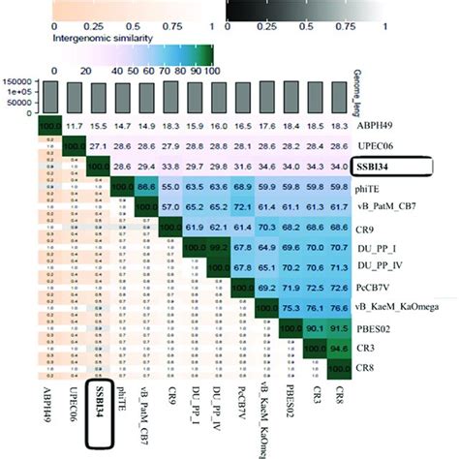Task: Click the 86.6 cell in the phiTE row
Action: pos(148,185)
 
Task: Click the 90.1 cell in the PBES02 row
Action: pos(311,329)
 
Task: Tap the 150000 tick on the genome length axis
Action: pos(19,81)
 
